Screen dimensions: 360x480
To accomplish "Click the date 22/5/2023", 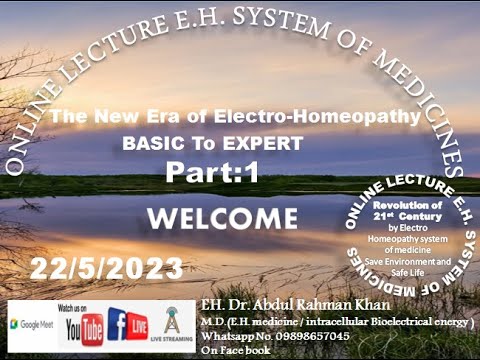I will pyautogui.click(x=106, y=269).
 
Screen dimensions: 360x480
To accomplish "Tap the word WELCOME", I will pyautogui.click(x=222, y=218).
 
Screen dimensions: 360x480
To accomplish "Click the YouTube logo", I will pyautogui.click(x=84, y=326).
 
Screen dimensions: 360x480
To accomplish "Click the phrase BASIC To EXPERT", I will pyautogui.click(x=212, y=144).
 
